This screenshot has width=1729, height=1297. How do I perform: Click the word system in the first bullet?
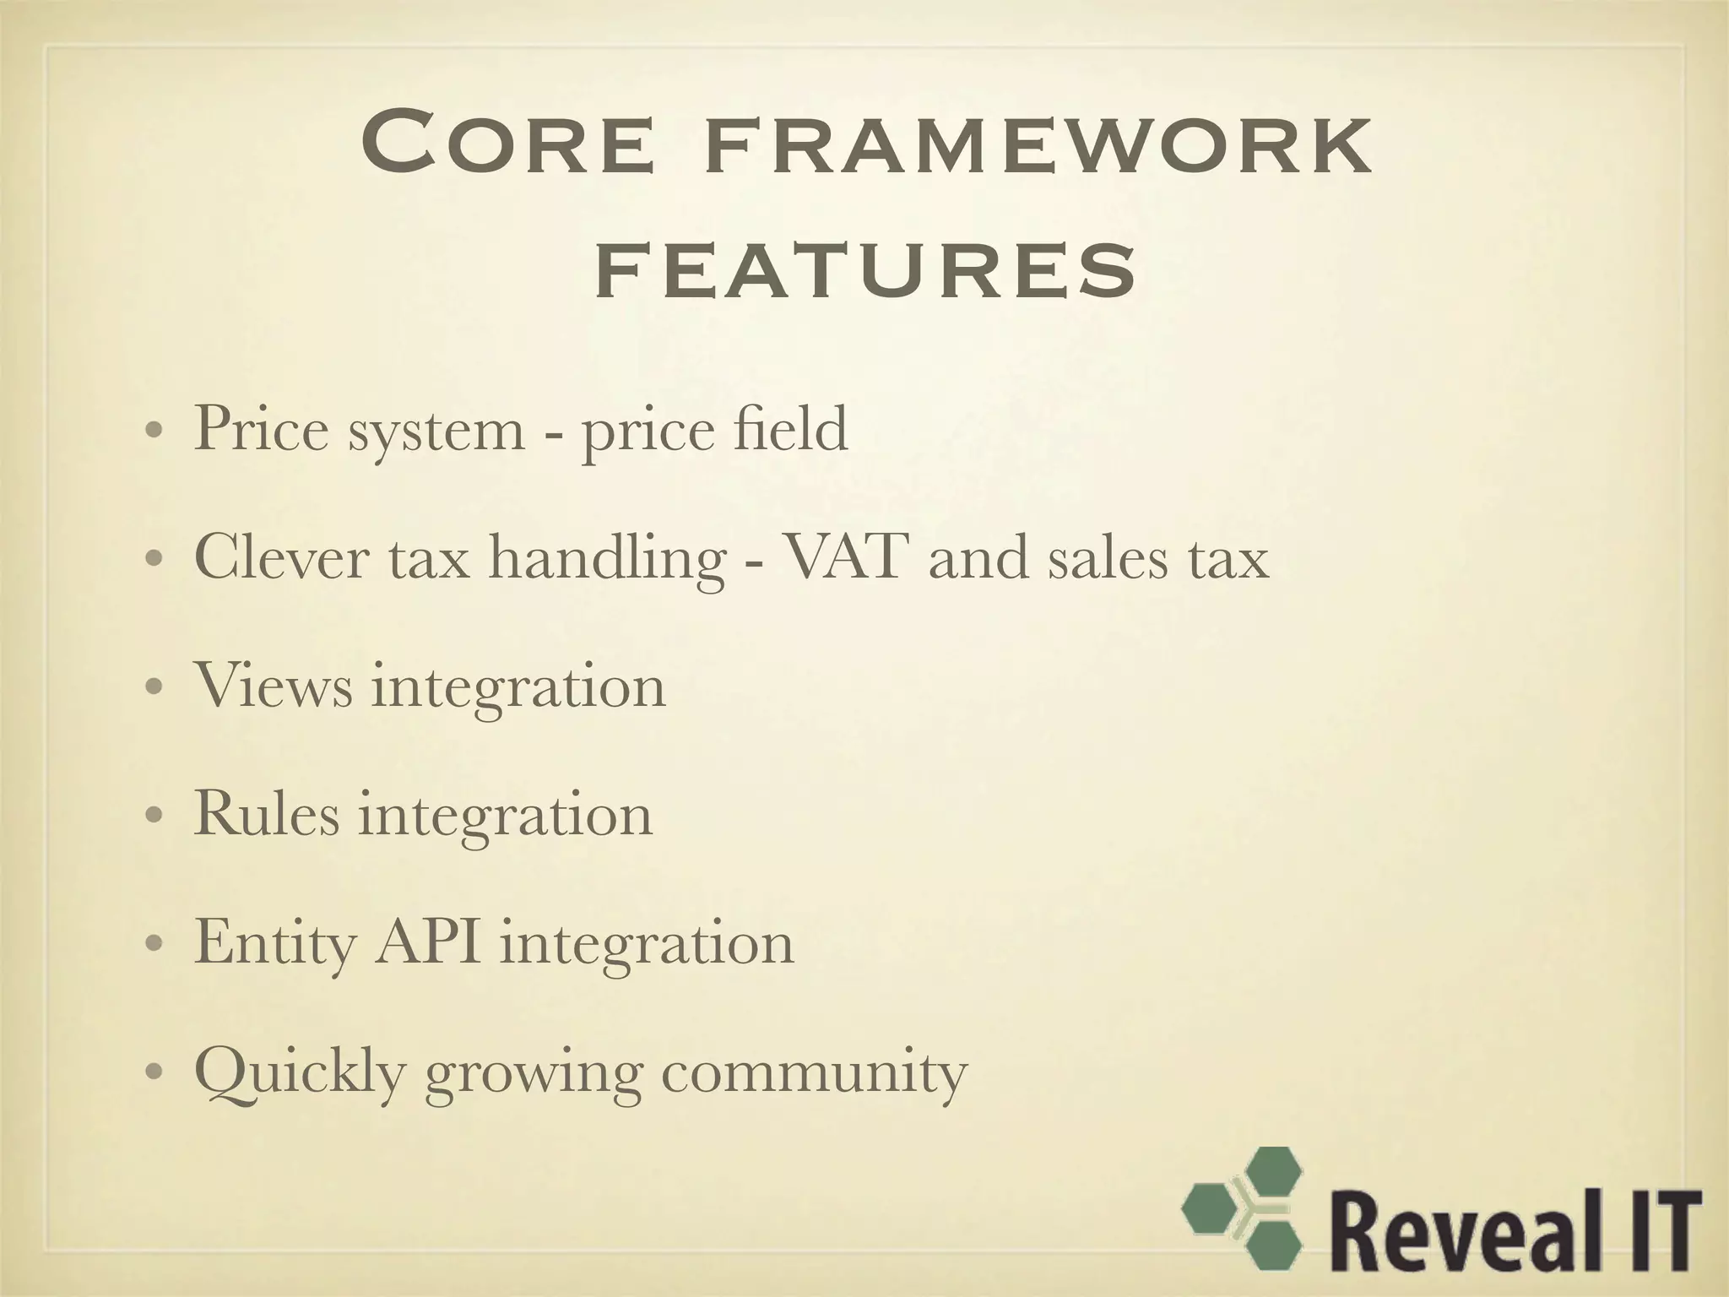click(x=436, y=431)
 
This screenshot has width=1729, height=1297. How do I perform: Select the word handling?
click(x=606, y=561)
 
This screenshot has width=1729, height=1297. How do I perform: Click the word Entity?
click(x=275, y=945)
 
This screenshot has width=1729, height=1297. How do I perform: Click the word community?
click(x=814, y=1075)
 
